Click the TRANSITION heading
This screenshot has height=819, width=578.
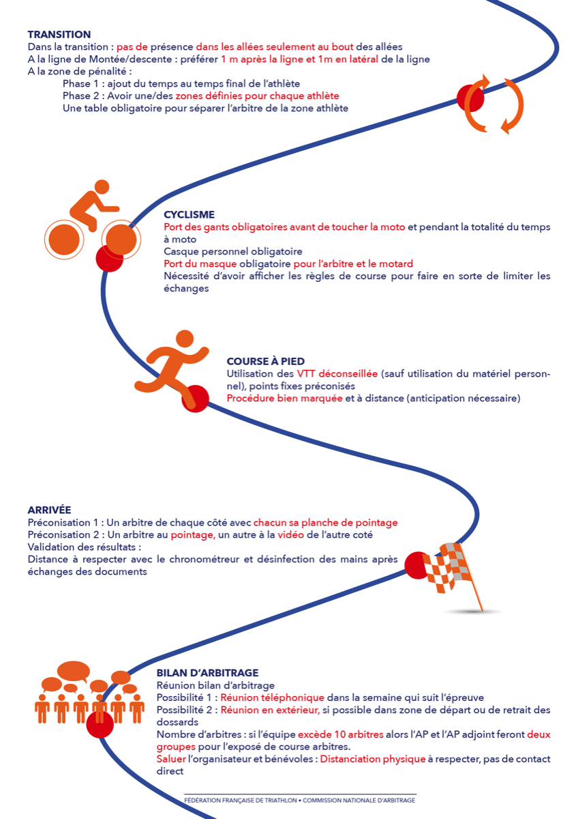point(59,34)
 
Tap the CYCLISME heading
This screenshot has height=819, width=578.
point(189,214)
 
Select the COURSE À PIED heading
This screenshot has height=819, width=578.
point(265,361)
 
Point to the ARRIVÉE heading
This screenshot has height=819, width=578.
point(49,510)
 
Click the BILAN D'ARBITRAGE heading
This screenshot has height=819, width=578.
point(207,673)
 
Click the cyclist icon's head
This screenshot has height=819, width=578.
point(102,187)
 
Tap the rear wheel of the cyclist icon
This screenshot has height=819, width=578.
point(64,240)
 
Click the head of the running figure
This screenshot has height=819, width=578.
point(185,339)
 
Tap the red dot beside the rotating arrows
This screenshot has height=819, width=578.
point(470,98)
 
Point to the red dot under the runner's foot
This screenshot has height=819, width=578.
point(196,399)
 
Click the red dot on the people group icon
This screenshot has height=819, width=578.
point(100,724)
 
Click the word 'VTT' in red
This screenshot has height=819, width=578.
point(306,374)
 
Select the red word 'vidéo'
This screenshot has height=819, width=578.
point(290,535)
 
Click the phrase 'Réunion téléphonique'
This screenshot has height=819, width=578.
point(273,698)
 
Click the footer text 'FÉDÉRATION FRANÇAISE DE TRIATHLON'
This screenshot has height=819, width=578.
point(240,801)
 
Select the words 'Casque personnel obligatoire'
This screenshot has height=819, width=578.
point(233,252)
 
